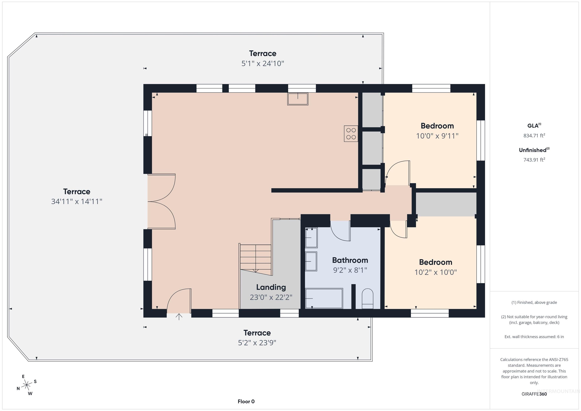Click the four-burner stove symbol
point(351,134)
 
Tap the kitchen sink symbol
point(297,99)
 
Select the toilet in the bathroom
point(367,299)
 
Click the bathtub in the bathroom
point(324,298)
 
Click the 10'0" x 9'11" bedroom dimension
point(437,136)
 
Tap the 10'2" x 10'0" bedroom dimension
point(436,272)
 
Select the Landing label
point(271,287)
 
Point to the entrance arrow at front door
point(179,317)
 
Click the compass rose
point(26,385)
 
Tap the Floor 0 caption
point(246,401)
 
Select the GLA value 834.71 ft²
point(534,135)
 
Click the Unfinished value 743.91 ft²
point(534,160)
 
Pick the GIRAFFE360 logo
point(534,394)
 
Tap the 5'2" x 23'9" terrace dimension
point(257,343)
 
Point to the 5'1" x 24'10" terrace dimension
point(263,63)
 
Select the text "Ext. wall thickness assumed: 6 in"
point(534,337)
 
